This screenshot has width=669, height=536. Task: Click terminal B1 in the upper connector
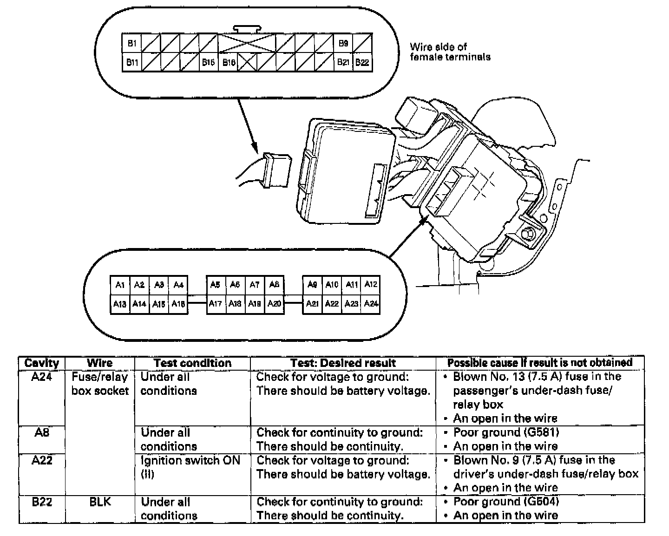point(131,43)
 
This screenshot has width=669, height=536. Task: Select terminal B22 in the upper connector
point(362,62)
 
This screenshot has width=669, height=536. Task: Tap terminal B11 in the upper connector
point(132,62)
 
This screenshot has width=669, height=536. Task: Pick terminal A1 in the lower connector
point(120,285)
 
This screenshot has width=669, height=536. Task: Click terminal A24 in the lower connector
point(371,304)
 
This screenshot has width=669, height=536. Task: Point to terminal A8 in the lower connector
point(274,285)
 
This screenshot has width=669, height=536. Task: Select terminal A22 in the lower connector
point(332,304)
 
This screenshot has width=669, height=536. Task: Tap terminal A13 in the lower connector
point(120,304)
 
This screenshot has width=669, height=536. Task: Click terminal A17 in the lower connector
point(216,304)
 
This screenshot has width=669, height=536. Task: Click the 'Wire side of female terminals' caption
point(450,52)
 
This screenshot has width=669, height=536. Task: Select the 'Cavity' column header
point(42,363)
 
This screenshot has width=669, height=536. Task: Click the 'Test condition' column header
point(192,363)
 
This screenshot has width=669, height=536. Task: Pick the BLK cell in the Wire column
point(100,502)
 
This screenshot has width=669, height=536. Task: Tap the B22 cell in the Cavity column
point(42,502)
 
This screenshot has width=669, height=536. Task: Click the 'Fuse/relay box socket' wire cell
point(100,384)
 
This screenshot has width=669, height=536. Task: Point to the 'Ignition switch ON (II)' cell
point(190,467)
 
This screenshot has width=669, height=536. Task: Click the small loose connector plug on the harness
point(275,170)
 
